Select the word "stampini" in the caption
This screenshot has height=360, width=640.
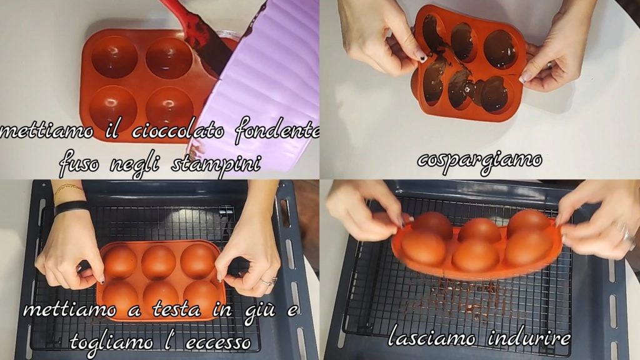[x=216, y=164]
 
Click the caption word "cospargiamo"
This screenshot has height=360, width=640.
[x=479, y=161]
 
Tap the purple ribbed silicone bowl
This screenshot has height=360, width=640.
[x=257, y=77]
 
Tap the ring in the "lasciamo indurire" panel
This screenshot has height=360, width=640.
[x=626, y=234]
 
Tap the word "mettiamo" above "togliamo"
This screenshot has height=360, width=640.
[x=70, y=310]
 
